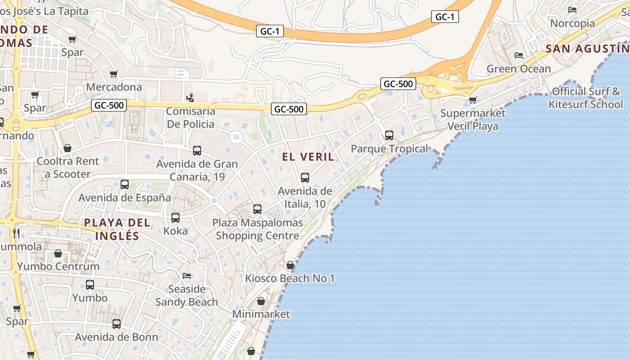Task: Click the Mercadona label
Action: [114, 87]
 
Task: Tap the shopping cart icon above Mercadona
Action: [114, 74]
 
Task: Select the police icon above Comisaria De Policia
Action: [190, 97]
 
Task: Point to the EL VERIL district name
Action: [308, 157]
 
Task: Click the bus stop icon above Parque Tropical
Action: [389, 135]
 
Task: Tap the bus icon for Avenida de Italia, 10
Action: [305, 178]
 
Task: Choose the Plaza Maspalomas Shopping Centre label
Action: [257, 229]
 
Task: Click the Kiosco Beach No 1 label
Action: [290, 279]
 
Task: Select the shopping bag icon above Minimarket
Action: [261, 301]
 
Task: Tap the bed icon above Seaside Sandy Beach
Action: [187, 275]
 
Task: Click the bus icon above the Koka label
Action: [175, 218]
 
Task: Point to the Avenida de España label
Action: [125, 198]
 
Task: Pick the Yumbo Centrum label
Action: [58, 266]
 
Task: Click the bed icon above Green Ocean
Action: [519, 56]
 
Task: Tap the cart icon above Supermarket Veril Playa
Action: [472, 100]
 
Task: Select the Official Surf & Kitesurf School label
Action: [585, 98]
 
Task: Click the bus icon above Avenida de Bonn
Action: [117, 324]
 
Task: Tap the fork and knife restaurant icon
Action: [16, 233]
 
